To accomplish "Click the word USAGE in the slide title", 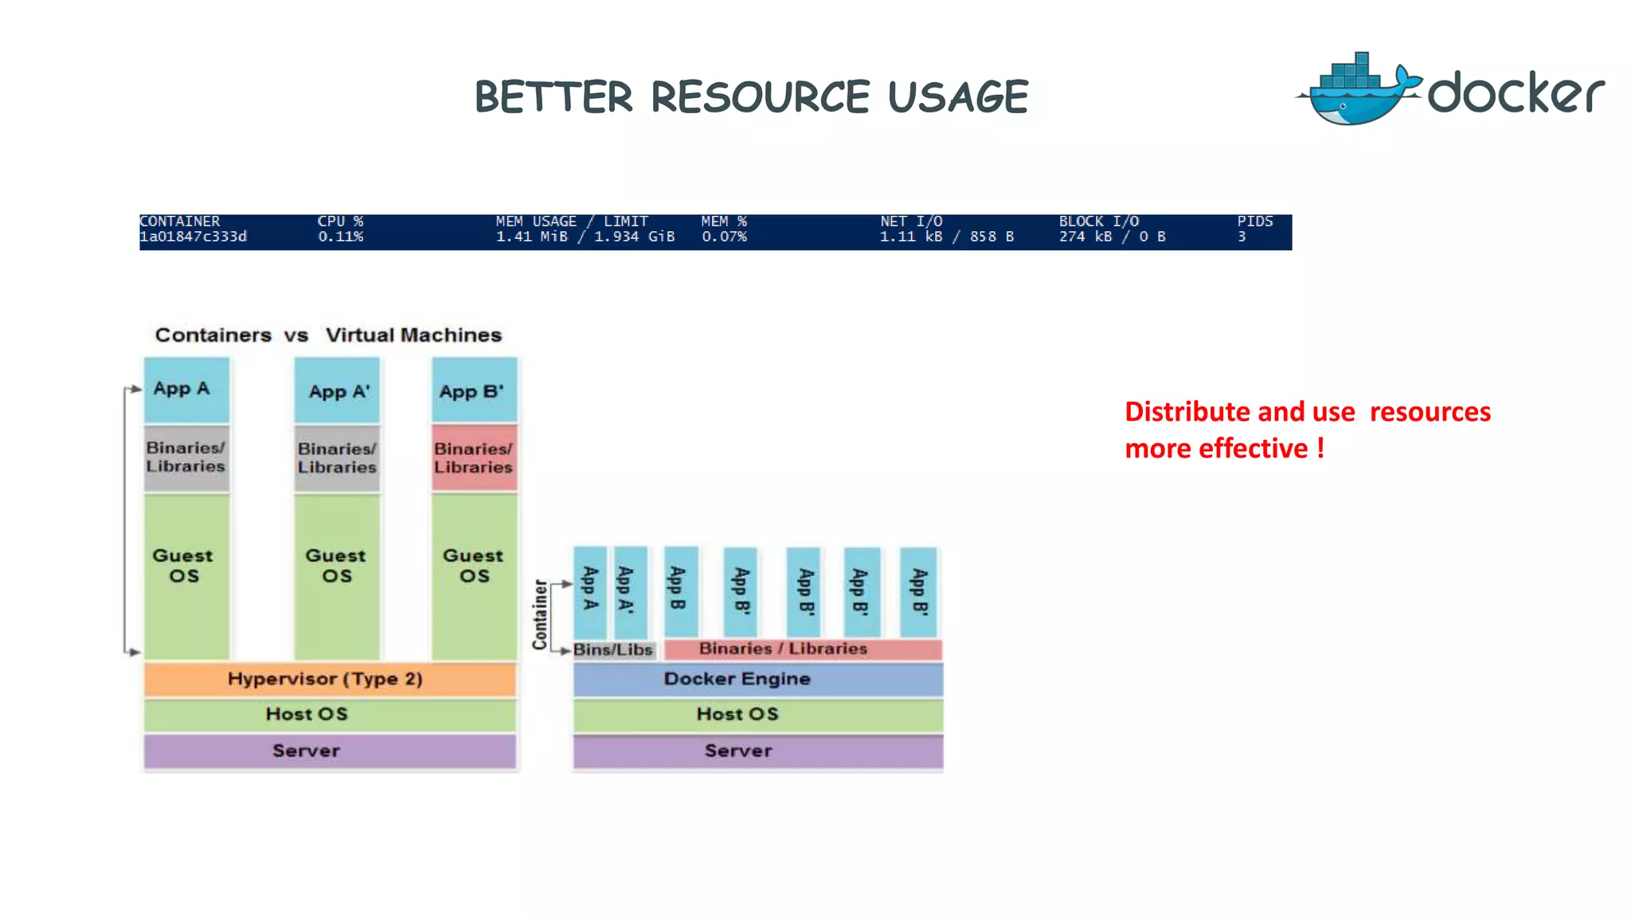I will point(958,97).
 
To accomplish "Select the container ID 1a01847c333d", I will point(194,237).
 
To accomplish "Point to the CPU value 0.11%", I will point(341,237).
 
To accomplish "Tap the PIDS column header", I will point(1255,222).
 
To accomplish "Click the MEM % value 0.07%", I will point(724,237).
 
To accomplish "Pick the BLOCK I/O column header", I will point(1098,222).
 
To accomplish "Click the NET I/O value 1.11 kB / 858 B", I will point(946,237).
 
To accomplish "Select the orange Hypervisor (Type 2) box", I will point(330,679).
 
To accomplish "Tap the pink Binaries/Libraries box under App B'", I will point(475,458).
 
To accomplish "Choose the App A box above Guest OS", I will point(186,390).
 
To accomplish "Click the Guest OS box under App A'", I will point(337,575).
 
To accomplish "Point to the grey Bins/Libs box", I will point(614,649).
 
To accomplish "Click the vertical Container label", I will point(541,614).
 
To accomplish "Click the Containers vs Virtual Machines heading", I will point(328,335).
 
